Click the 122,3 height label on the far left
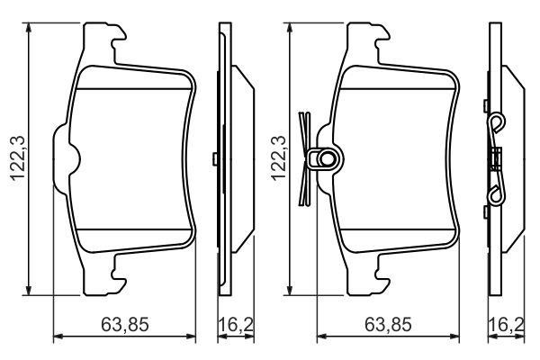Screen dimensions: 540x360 pyautogui.click(x=18, y=158)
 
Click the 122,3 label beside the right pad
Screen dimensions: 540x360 pyautogui.click(x=279, y=158)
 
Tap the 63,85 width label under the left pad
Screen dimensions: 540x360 pyautogui.click(x=125, y=325)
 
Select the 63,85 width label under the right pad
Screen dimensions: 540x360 pyautogui.click(x=388, y=325)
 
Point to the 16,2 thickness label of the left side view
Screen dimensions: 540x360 pyautogui.click(x=236, y=325)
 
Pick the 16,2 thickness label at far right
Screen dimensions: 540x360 pyautogui.click(x=507, y=325)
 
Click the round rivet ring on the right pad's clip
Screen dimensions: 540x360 pyautogui.click(x=326, y=158)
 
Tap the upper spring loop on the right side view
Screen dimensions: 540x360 pyautogui.click(x=498, y=123)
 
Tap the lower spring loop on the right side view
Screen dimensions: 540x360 pyautogui.click(x=497, y=196)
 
